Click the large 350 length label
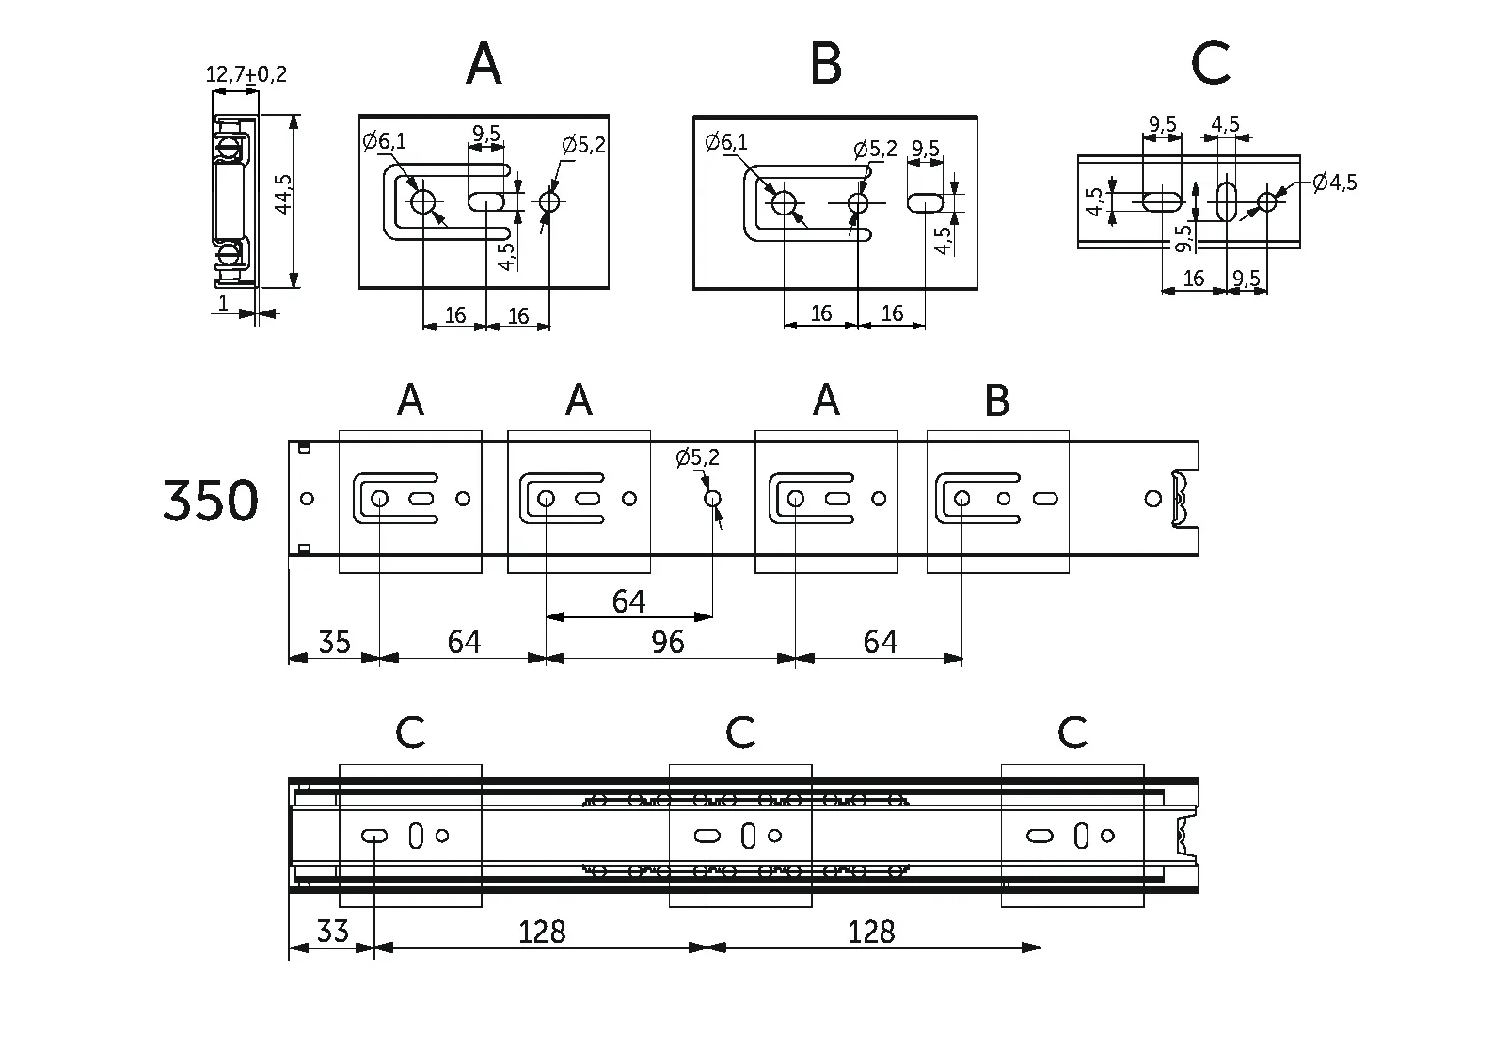(x=210, y=500)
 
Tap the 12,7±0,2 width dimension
(x=246, y=74)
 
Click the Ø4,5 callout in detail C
(x=1336, y=182)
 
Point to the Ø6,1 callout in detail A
(x=385, y=142)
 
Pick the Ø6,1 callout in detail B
(x=726, y=142)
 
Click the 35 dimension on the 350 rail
(x=334, y=642)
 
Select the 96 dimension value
(x=667, y=642)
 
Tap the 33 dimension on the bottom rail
(x=331, y=932)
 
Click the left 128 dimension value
(x=542, y=932)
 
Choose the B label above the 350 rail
(x=996, y=402)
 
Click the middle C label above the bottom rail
(x=740, y=732)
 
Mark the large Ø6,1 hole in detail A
(x=422, y=201)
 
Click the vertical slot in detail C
(x=1227, y=201)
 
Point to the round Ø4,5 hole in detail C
(x=1267, y=201)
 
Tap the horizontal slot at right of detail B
(x=926, y=202)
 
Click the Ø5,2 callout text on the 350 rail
(x=697, y=458)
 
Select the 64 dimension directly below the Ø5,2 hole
(x=628, y=601)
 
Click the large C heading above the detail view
(x=1210, y=65)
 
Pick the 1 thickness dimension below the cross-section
(x=223, y=303)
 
